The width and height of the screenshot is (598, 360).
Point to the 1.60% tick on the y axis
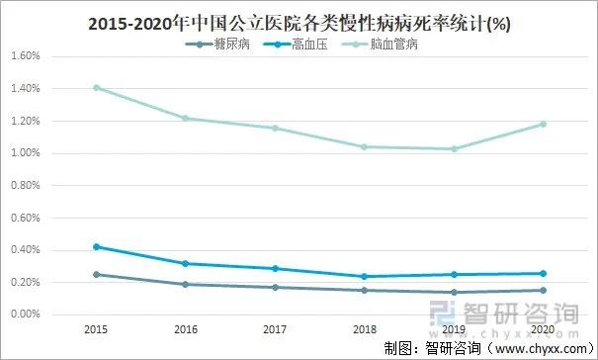(24, 56)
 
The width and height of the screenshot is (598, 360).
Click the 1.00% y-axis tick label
(24, 153)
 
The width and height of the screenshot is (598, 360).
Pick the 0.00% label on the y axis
(24, 315)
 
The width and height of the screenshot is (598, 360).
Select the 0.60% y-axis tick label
(24, 218)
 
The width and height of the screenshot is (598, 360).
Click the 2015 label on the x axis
(97, 327)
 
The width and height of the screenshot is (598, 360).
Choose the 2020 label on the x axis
(542, 327)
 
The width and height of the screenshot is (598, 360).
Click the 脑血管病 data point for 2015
(97, 88)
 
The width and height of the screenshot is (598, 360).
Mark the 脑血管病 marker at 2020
(542, 125)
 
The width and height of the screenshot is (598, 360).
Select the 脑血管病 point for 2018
(364, 146)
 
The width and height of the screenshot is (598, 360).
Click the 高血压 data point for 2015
(97, 246)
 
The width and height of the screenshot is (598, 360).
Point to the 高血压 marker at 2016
(185, 263)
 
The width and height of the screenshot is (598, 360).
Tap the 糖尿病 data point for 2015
(97, 274)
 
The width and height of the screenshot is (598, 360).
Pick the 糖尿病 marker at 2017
(274, 287)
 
